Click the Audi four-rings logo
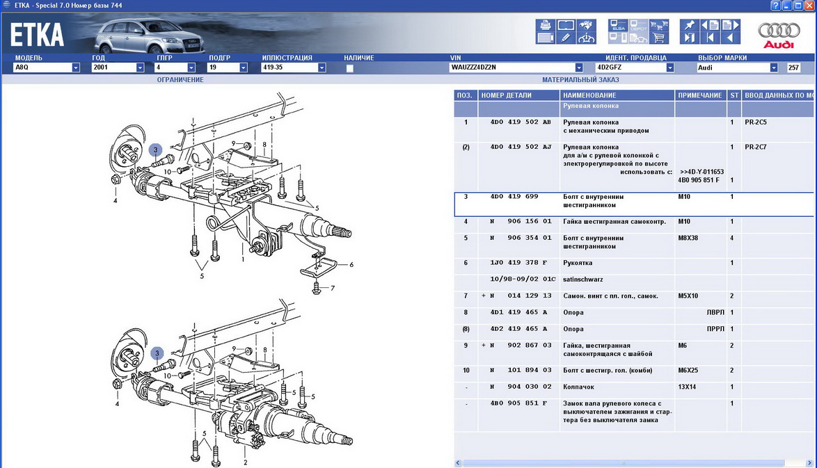pyautogui.click(x=779, y=30)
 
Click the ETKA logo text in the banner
pyautogui.click(x=37, y=35)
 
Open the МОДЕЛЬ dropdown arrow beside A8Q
pyautogui.click(x=76, y=67)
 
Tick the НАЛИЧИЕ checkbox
pyautogui.click(x=349, y=68)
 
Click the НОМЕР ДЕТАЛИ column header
pyautogui.click(x=507, y=95)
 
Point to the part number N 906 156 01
pyautogui.click(x=521, y=221)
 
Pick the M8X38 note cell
pyautogui.click(x=688, y=238)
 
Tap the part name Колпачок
pyautogui.click(x=578, y=387)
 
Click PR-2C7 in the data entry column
pyautogui.click(x=756, y=147)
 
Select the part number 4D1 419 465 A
pyautogui.click(x=519, y=312)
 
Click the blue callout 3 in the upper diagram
pyautogui.click(x=155, y=150)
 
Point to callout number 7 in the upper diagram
pyautogui.click(x=333, y=288)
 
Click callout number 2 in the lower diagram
pyautogui.click(x=246, y=462)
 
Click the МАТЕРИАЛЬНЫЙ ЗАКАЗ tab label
pyautogui.click(x=580, y=80)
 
